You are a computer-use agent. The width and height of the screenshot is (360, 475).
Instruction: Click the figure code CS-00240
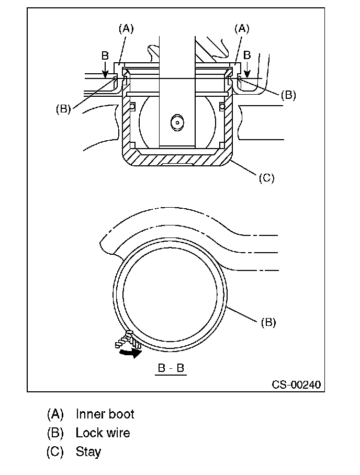click(x=296, y=384)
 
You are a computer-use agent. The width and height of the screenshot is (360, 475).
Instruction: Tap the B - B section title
click(x=171, y=368)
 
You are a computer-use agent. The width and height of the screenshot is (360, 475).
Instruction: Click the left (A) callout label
click(x=126, y=29)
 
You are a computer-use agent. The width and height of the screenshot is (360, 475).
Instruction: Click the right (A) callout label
click(x=242, y=29)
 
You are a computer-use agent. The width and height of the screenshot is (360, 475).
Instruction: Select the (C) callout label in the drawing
click(x=267, y=178)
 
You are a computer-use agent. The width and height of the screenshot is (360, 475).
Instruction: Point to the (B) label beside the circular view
click(x=268, y=322)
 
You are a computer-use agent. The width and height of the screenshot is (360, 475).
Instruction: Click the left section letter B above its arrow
click(x=105, y=56)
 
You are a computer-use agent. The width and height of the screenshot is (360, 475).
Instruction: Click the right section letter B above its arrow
click(x=248, y=55)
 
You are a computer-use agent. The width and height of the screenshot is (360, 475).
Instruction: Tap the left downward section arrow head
click(x=105, y=74)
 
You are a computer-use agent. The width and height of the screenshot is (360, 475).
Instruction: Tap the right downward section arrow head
click(x=248, y=74)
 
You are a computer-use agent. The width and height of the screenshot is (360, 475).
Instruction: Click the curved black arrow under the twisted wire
click(x=131, y=353)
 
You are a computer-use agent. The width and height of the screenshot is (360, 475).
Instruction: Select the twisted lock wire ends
click(x=128, y=340)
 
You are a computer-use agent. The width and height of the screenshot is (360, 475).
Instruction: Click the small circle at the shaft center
click(x=177, y=123)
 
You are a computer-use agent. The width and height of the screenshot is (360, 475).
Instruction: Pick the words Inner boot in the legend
click(x=105, y=414)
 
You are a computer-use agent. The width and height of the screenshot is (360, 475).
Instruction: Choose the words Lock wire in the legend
click(x=103, y=433)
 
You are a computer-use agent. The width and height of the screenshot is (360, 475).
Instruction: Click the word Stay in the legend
click(x=88, y=451)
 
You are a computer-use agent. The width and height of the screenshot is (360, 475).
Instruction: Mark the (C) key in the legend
click(x=55, y=452)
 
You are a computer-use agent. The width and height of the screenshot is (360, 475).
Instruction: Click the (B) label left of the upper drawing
click(x=63, y=109)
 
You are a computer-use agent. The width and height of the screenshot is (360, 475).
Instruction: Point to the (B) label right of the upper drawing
click(x=288, y=95)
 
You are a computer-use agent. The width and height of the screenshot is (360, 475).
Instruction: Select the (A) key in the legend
click(x=55, y=414)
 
